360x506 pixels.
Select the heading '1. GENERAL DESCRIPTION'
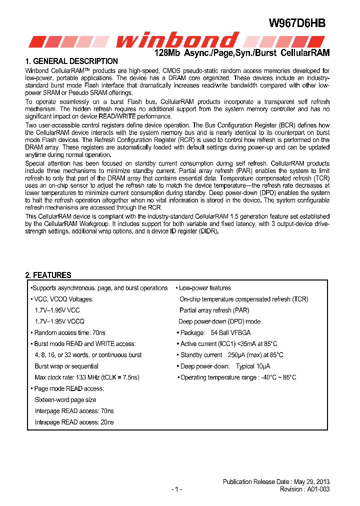71,61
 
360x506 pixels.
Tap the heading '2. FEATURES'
48,275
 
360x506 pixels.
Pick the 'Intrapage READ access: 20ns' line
74,422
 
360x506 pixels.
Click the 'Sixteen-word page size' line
65,399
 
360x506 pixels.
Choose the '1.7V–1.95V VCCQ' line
59,321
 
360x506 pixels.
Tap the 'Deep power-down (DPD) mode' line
219,321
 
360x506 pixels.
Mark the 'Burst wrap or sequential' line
66,366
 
